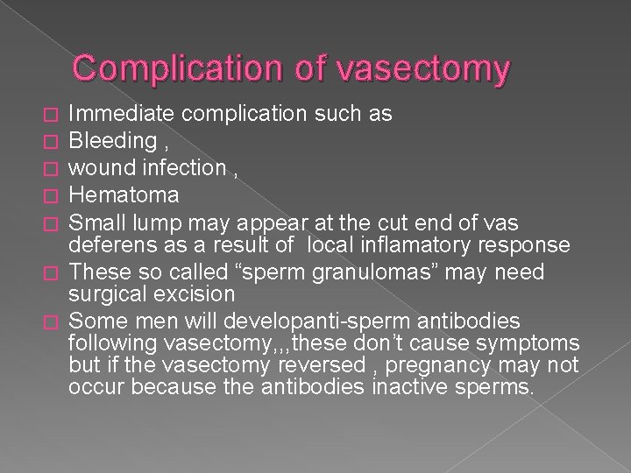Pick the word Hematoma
click(111, 193)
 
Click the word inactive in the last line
click(417, 386)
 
